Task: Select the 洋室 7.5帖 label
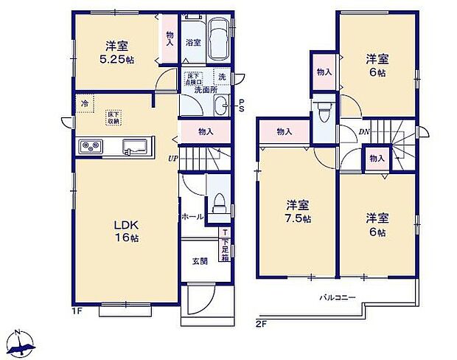[x=298, y=211]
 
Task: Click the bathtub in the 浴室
[x=219, y=38]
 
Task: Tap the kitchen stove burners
[x=91, y=145]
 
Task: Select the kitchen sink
[x=136, y=145]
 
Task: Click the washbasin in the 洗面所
[x=220, y=108]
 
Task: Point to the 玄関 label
[x=200, y=261]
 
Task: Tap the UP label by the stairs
[x=172, y=158]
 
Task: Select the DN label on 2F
[x=364, y=133]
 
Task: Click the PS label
[x=241, y=105]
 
